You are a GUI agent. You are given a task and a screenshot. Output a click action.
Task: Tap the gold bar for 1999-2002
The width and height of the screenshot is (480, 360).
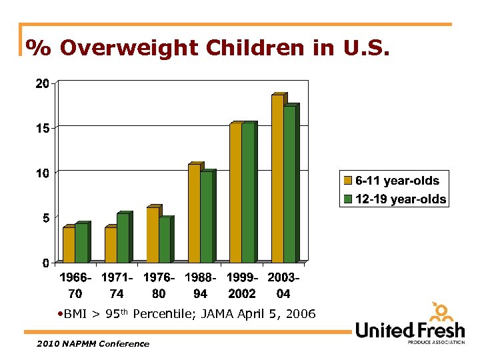[x=235, y=193]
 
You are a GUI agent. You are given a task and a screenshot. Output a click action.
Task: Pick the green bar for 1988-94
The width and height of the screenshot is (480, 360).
[x=206, y=217]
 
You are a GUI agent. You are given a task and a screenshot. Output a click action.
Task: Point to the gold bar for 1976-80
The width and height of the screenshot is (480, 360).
[x=153, y=235]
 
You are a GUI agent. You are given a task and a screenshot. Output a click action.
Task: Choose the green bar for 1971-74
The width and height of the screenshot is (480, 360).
[x=123, y=238]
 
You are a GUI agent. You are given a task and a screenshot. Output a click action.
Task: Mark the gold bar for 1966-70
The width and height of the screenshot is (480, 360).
[x=69, y=245]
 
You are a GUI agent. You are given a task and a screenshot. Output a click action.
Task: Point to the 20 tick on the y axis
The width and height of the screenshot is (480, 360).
[x=42, y=83]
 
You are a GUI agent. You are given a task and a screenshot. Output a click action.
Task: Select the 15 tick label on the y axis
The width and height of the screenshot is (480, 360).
[x=42, y=128]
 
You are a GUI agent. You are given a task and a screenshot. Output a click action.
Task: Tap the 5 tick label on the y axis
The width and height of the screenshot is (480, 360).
[x=45, y=218]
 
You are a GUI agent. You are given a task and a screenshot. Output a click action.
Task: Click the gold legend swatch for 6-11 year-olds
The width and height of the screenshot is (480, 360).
[x=347, y=181]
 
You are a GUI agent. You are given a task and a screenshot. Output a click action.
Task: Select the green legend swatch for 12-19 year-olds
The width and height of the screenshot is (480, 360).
[x=347, y=199]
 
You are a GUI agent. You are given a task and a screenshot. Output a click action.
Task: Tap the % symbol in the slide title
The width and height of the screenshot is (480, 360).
[x=39, y=48]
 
